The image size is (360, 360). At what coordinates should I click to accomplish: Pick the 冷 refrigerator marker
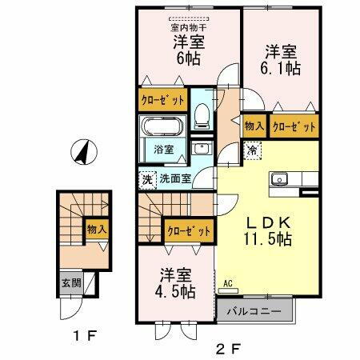coord(252,150)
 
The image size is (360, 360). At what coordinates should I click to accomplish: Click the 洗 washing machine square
coord(146,180)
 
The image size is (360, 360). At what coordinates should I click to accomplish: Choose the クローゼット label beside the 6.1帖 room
coord(294,126)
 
